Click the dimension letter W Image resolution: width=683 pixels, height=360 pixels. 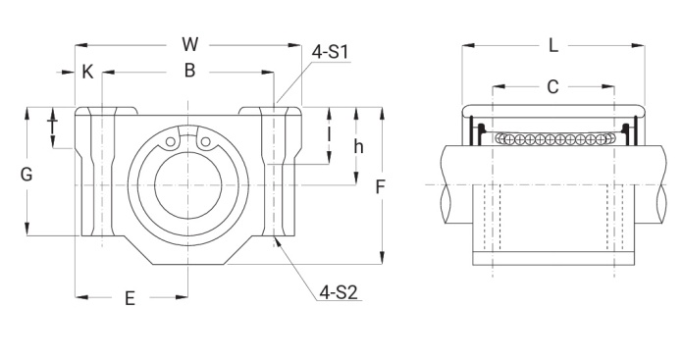(x=190, y=44)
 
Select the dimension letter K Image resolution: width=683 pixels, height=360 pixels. (x=87, y=72)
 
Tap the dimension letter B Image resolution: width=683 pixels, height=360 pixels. (x=189, y=71)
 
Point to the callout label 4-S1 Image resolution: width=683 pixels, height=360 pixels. (x=330, y=52)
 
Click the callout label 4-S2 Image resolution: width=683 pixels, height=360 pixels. (x=339, y=292)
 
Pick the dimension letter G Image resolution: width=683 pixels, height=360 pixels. (x=26, y=175)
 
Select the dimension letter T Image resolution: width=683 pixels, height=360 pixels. (x=53, y=127)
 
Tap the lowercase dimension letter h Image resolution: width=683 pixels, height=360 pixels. (x=358, y=147)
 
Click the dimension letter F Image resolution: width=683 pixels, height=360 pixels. (x=381, y=187)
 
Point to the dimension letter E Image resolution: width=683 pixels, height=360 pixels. (x=130, y=299)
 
